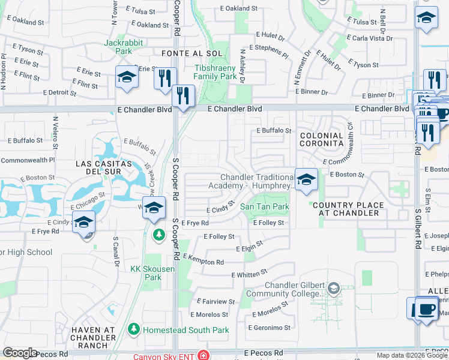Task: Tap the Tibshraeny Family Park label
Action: (215, 72)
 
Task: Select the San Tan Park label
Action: (265, 206)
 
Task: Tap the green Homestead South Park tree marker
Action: (133, 329)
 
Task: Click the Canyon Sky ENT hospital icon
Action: (204, 355)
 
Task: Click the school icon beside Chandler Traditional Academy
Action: (306, 179)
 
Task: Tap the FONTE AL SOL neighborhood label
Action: (184, 53)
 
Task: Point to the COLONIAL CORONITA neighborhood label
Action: (321, 140)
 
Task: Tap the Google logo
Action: (20, 353)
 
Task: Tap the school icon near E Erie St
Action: (127, 78)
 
